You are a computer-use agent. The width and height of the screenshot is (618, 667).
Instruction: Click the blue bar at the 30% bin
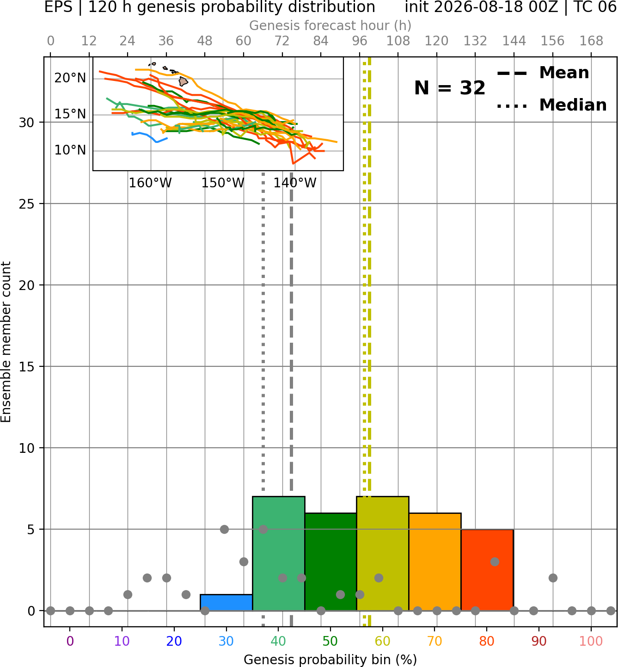tap(226, 602)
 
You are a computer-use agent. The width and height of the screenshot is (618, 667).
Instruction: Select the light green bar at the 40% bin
tap(279, 553)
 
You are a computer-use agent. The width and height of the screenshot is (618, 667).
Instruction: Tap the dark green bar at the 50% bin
tap(330, 562)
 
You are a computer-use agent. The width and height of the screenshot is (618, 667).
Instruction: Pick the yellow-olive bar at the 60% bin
tap(383, 553)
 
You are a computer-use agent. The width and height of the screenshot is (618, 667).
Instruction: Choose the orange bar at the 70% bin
tap(435, 562)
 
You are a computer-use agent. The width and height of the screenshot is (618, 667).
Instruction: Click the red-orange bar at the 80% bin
tap(487, 569)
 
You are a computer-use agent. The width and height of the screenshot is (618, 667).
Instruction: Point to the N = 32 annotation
tap(449, 88)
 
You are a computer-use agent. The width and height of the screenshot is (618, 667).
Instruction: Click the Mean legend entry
tap(543, 73)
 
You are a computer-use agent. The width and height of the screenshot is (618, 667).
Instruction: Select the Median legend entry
tap(551, 105)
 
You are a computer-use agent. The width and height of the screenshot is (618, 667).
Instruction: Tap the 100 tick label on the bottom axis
tap(591, 641)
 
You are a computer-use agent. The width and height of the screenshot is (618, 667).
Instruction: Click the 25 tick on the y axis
tap(27, 204)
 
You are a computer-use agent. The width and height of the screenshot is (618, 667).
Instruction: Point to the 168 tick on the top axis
tap(591, 41)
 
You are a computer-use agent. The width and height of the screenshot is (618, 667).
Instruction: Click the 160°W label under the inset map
tap(150, 183)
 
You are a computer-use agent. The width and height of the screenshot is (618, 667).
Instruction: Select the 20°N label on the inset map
tap(70, 78)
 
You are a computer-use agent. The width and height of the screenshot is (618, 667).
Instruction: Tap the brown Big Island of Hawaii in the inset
tap(183, 81)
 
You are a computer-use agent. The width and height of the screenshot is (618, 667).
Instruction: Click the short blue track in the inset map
tap(149, 137)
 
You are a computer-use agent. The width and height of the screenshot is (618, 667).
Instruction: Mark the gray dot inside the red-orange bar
tap(495, 562)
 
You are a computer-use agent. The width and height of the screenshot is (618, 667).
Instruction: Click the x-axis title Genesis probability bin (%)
tap(330, 659)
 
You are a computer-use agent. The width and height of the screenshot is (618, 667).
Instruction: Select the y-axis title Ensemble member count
tap(6, 342)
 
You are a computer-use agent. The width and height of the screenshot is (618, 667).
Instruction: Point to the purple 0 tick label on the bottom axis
tap(70, 641)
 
